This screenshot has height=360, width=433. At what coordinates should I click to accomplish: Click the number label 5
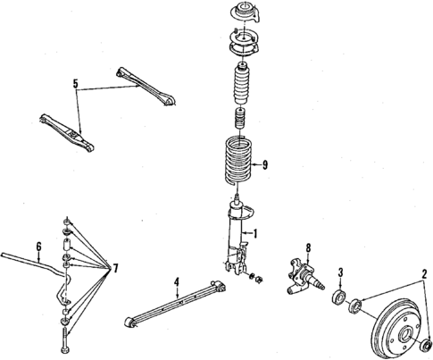pyautogui.click(x=76, y=87)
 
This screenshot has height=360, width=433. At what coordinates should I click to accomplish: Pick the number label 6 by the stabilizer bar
pyautogui.click(x=38, y=246)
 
